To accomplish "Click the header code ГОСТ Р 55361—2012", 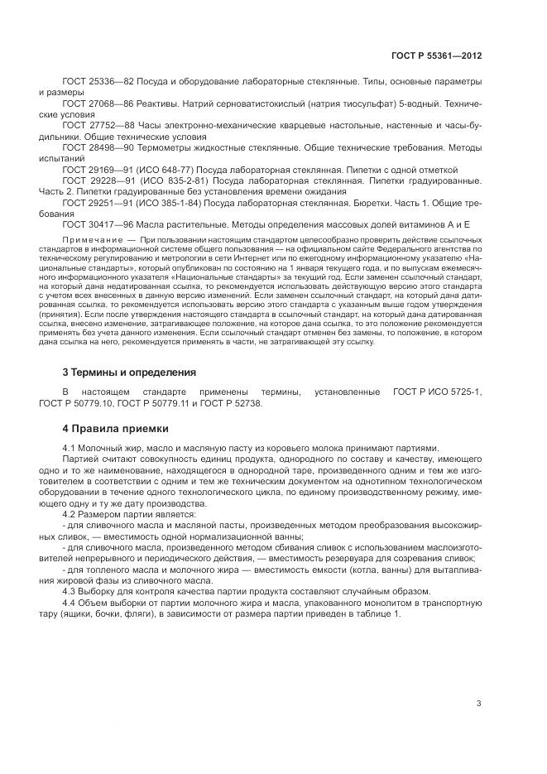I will [436, 55].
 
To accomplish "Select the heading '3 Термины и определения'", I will [129, 373].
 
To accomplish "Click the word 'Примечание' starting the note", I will [87, 238].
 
